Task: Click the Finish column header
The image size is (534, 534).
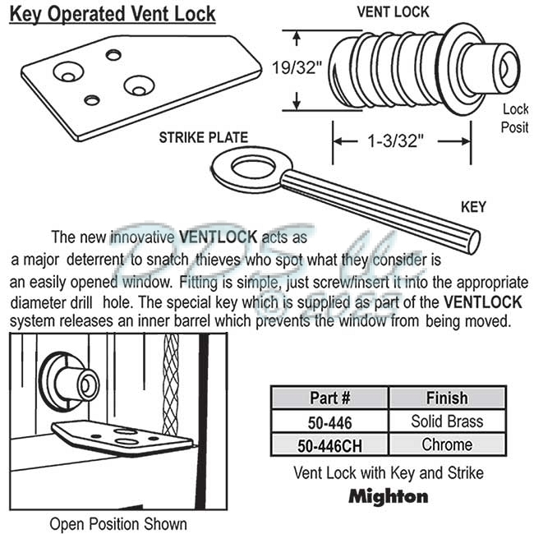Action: click(447, 398)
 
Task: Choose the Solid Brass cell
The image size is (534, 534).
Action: click(447, 421)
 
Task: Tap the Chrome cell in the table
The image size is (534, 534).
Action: click(447, 445)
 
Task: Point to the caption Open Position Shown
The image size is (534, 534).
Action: click(118, 523)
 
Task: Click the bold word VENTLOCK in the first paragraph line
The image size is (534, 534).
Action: click(210, 237)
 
